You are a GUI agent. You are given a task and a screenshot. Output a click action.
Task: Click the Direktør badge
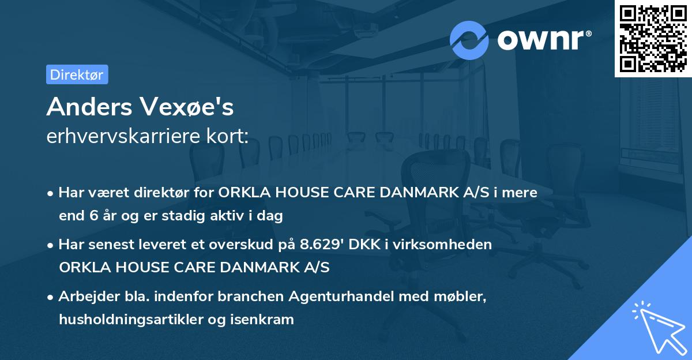(x=77, y=74)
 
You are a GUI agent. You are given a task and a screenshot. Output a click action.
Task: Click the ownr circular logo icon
(x=469, y=40)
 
